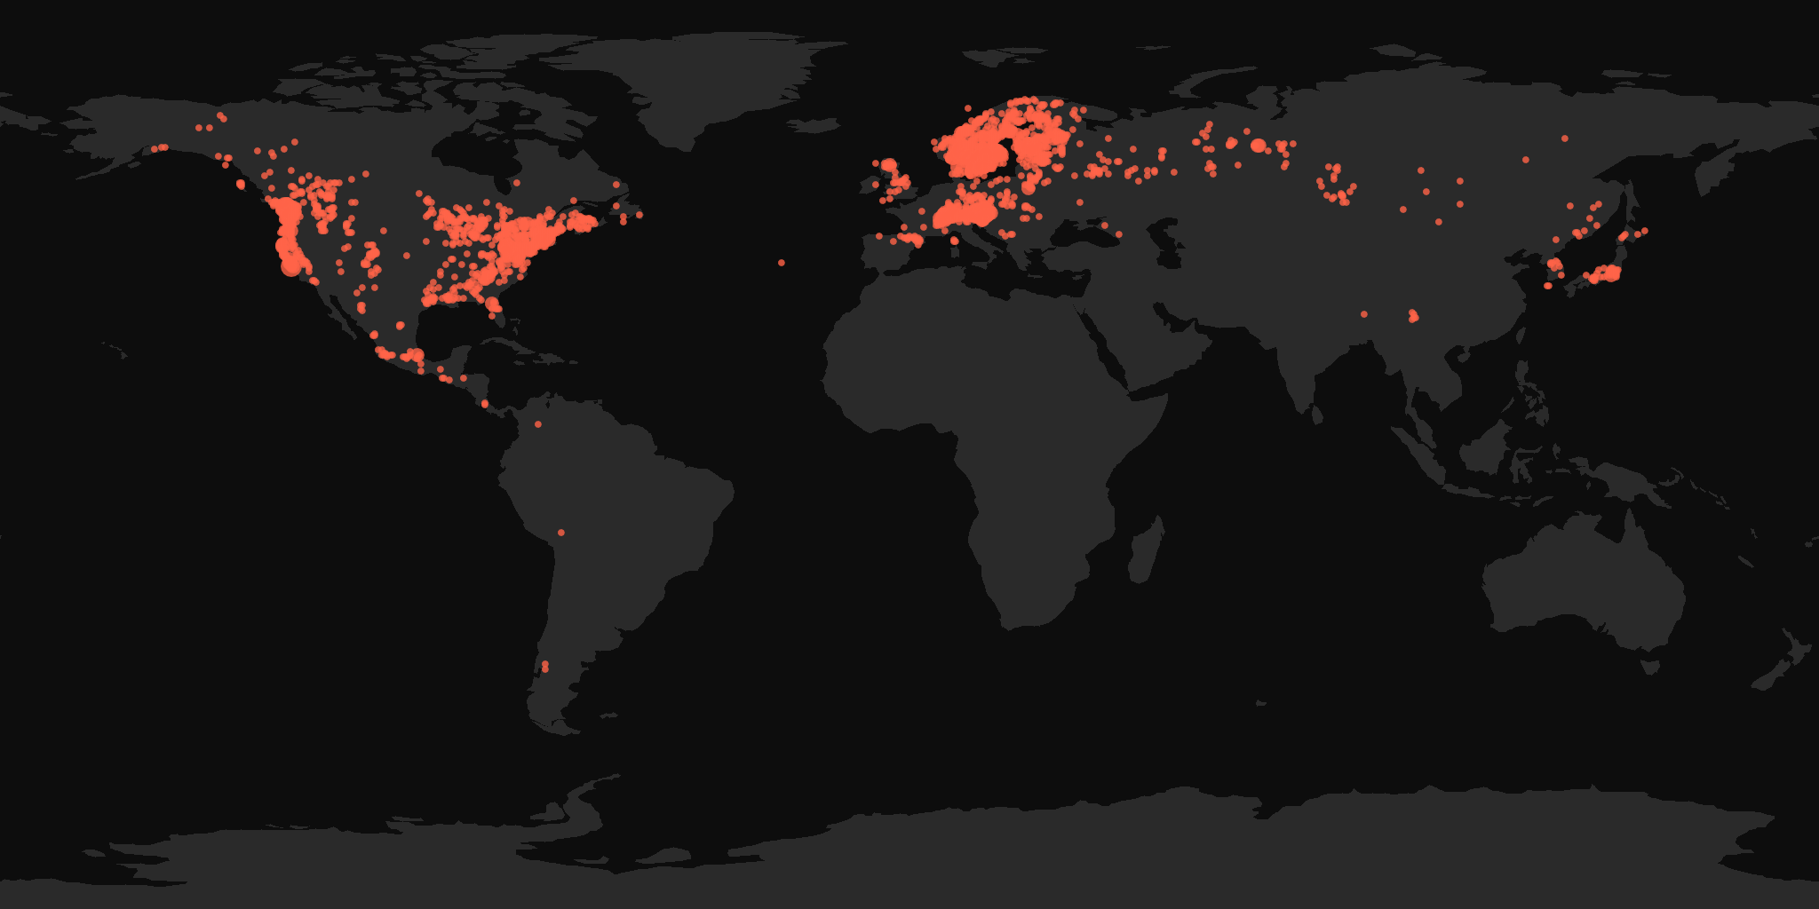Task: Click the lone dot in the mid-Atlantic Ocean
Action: click(x=782, y=263)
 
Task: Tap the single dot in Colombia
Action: click(x=538, y=424)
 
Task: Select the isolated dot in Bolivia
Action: click(x=560, y=533)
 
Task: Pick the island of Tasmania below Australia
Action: click(x=1649, y=665)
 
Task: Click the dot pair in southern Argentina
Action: click(x=544, y=666)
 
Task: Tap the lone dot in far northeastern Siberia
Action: click(x=1564, y=138)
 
